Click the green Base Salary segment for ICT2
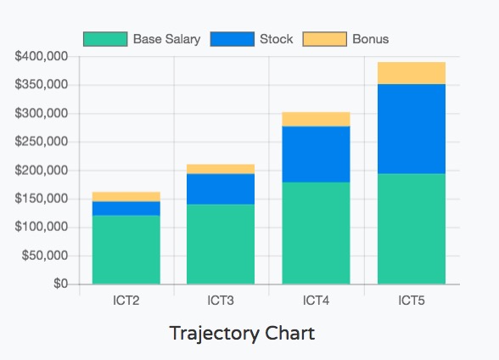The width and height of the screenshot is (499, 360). (x=126, y=250)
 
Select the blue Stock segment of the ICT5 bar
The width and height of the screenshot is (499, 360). (x=412, y=129)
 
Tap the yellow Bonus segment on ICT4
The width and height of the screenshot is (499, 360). (x=316, y=119)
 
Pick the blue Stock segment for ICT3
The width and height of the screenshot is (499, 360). (x=221, y=189)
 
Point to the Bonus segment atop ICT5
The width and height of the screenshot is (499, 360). (x=412, y=73)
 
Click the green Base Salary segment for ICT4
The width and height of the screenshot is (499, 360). (x=316, y=233)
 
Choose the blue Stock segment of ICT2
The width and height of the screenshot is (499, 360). (x=126, y=209)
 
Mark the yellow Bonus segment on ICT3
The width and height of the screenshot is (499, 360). (x=221, y=169)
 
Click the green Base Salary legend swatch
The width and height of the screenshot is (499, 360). (x=105, y=39)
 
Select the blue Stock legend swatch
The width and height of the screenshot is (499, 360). (x=233, y=39)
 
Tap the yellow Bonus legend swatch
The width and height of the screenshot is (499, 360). (x=324, y=39)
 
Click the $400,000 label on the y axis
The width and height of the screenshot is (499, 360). (x=42, y=56)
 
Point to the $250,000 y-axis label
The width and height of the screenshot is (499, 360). (x=42, y=141)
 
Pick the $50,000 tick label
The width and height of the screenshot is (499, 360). (x=45, y=256)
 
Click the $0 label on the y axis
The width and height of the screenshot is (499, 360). (x=60, y=284)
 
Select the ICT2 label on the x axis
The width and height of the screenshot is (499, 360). (x=126, y=301)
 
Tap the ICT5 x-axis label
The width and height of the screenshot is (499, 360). (x=412, y=301)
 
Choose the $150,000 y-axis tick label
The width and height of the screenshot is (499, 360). (x=42, y=199)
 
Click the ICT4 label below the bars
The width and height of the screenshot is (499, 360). (x=316, y=301)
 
